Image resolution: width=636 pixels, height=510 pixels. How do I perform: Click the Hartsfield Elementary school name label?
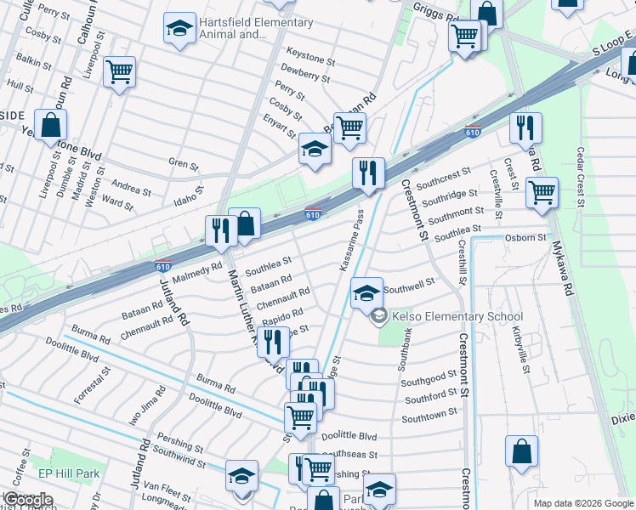255,28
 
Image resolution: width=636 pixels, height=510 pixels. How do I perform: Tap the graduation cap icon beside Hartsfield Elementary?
179,29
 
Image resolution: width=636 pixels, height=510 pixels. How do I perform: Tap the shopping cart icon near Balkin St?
120,71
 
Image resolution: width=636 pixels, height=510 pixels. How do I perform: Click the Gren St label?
183,163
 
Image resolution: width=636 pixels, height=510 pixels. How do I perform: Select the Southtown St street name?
429,417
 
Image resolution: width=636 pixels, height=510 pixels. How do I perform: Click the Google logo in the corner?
29,499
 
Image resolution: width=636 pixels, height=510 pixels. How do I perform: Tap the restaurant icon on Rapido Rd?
271,341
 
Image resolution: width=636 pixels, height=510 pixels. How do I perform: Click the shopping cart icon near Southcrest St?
541,192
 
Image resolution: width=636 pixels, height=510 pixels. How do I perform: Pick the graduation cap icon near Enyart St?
314,150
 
